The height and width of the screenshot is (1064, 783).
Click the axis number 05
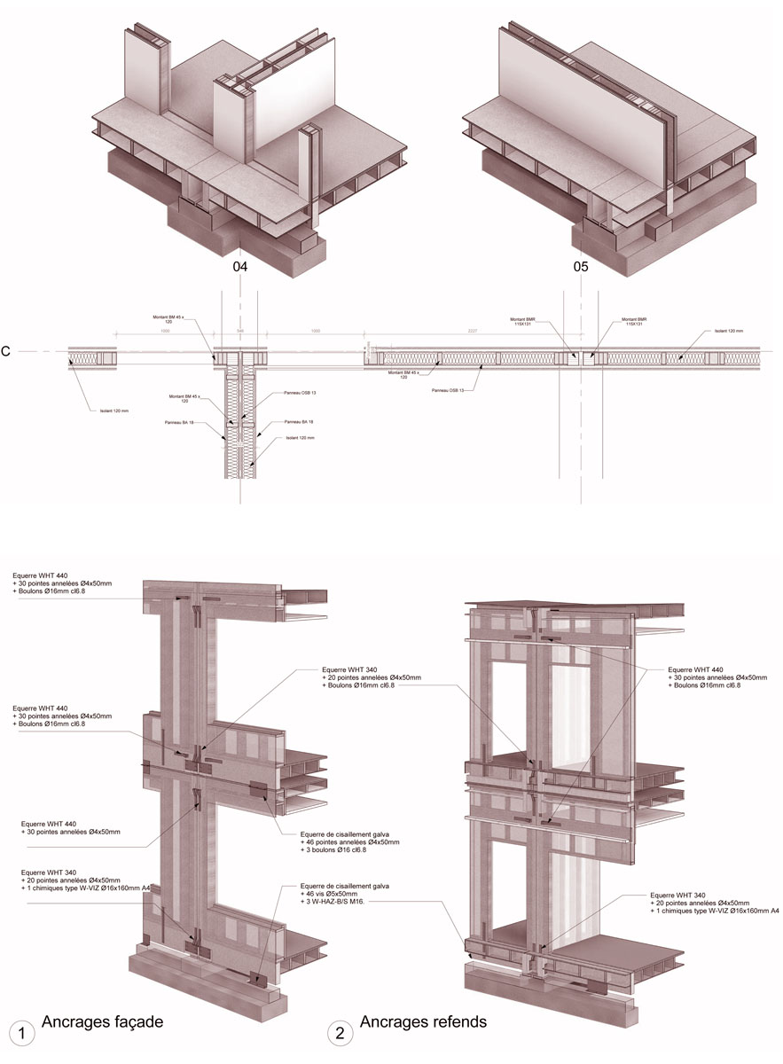581,266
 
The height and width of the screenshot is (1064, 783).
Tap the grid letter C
7,352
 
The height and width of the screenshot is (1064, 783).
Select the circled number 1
20,1033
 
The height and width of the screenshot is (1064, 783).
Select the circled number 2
339,1033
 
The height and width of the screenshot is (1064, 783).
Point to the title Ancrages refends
423,1022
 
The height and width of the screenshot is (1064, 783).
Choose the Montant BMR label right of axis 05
635,322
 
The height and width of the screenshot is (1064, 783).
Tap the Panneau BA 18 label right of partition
298,422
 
